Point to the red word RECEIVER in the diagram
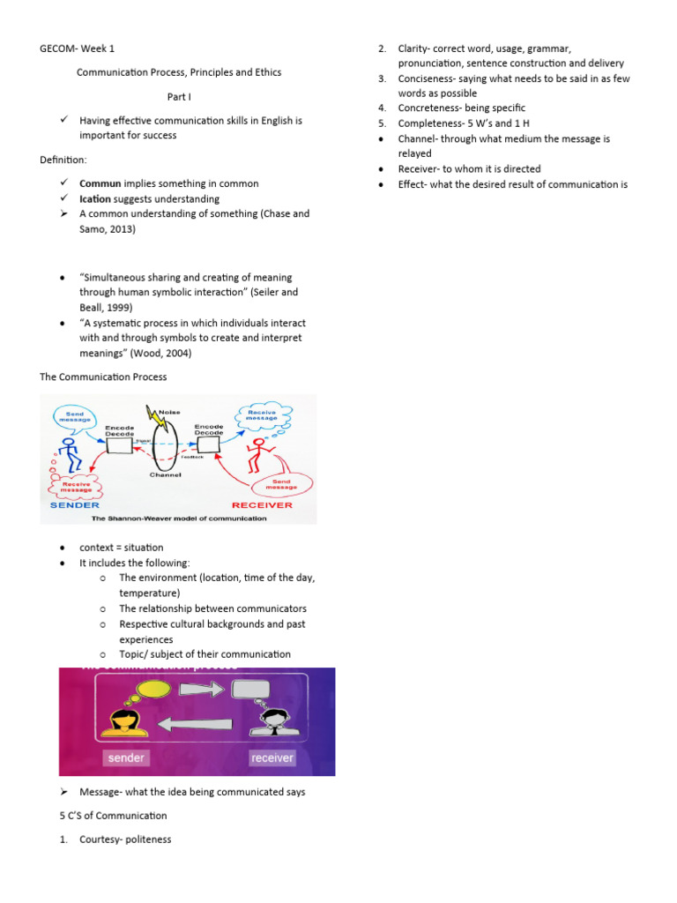click(x=262, y=505)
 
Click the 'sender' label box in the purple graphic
click(x=125, y=757)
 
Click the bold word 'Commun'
click(x=100, y=183)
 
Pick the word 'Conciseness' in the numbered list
click(x=427, y=78)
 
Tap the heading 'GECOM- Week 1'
click(x=78, y=49)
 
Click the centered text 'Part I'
click(x=180, y=96)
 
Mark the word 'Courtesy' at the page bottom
click(x=99, y=840)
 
